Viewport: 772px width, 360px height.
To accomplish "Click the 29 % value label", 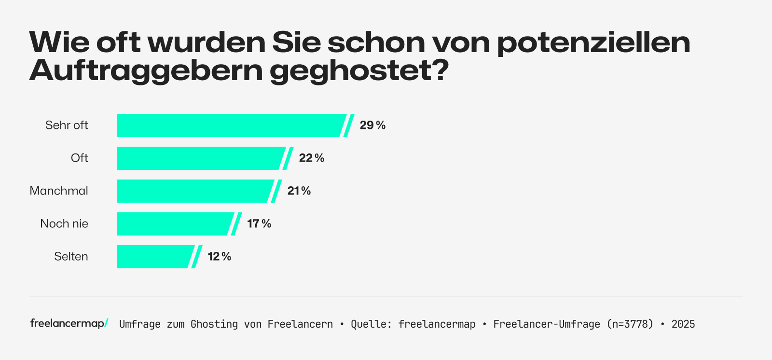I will click(372, 125).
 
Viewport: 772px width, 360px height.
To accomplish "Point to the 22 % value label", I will click(312, 158).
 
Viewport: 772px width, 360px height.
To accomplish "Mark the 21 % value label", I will click(299, 191).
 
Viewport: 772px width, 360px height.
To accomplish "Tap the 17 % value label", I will click(259, 224).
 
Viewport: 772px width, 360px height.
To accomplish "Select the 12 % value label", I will click(220, 257).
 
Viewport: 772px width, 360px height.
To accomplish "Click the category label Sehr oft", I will click(67, 125).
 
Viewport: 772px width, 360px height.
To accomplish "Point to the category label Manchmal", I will click(59, 191).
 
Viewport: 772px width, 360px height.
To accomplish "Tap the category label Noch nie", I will click(64, 224).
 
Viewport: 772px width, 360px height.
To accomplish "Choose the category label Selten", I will click(71, 257).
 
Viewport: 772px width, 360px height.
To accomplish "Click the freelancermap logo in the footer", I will click(69, 323).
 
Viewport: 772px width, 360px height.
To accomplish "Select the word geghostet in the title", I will click(359, 71).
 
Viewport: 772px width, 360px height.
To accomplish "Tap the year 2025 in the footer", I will click(683, 324).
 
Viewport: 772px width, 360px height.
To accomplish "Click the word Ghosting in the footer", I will click(214, 324).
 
